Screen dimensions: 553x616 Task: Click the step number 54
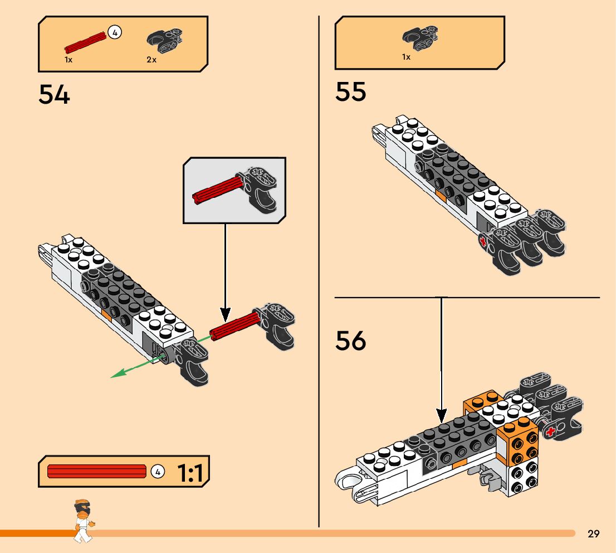click(x=55, y=94)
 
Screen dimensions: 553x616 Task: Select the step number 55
click(x=351, y=91)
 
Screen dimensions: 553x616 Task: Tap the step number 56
click(x=351, y=340)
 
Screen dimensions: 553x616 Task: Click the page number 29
click(x=593, y=534)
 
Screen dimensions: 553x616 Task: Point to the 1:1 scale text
click(x=190, y=473)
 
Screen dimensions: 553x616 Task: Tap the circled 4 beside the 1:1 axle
click(x=158, y=472)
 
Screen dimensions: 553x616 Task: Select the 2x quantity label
click(x=151, y=59)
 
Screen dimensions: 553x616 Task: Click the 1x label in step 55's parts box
click(x=406, y=57)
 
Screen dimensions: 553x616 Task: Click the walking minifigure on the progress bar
click(x=83, y=521)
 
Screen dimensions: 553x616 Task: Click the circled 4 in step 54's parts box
click(x=115, y=32)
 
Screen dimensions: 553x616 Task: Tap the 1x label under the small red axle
click(x=69, y=59)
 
